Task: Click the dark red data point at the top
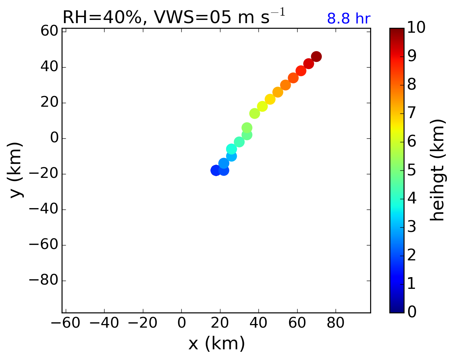(316, 56)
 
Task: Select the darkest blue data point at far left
(215, 170)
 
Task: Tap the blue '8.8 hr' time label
(348, 19)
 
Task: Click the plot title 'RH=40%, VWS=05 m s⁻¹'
(173, 17)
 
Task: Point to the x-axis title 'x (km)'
(216, 344)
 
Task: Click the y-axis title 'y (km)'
(16, 170)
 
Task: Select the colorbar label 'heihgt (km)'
(437, 170)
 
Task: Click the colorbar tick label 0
(412, 312)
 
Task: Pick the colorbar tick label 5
(412, 170)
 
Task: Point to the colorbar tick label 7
(412, 113)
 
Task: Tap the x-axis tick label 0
(181, 323)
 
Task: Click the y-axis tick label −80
(43, 281)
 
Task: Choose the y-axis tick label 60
(49, 32)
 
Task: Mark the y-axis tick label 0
(54, 138)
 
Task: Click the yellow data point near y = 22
(270, 99)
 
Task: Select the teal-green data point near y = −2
(239, 142)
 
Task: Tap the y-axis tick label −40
(43, 210)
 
